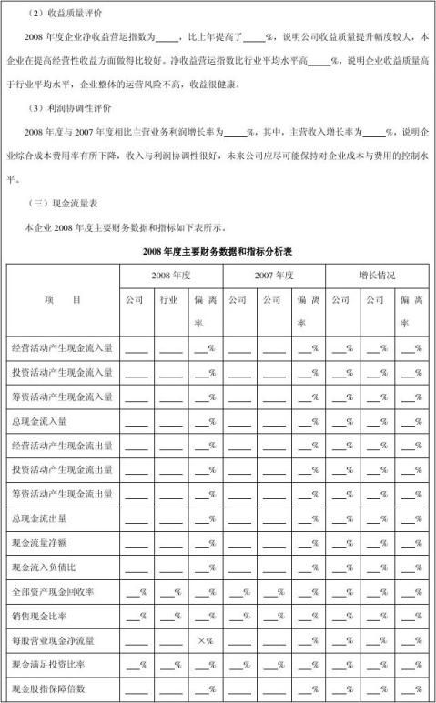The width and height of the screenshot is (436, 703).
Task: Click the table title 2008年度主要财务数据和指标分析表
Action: [x=218, y=249]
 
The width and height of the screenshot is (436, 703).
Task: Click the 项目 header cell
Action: [x=62, y=298]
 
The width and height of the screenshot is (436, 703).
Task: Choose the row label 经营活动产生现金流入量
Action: [x=62, y=347]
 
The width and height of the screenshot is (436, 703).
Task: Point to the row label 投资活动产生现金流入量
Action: [x=62, y=372]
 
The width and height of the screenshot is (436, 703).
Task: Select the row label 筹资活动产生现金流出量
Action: [x=62, y=494]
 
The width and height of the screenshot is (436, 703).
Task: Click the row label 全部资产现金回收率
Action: [x=56, y=592]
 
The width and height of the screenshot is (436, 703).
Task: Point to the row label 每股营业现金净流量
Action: [x=56, y=641]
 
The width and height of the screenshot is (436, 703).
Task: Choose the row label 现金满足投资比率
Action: [x=53, y=665]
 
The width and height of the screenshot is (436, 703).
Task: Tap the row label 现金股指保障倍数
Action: [x=53, y=689]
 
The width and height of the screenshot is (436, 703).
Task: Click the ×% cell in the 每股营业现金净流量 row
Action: [x=205, y=641]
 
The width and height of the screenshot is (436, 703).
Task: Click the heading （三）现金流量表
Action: [x=62, y=203]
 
